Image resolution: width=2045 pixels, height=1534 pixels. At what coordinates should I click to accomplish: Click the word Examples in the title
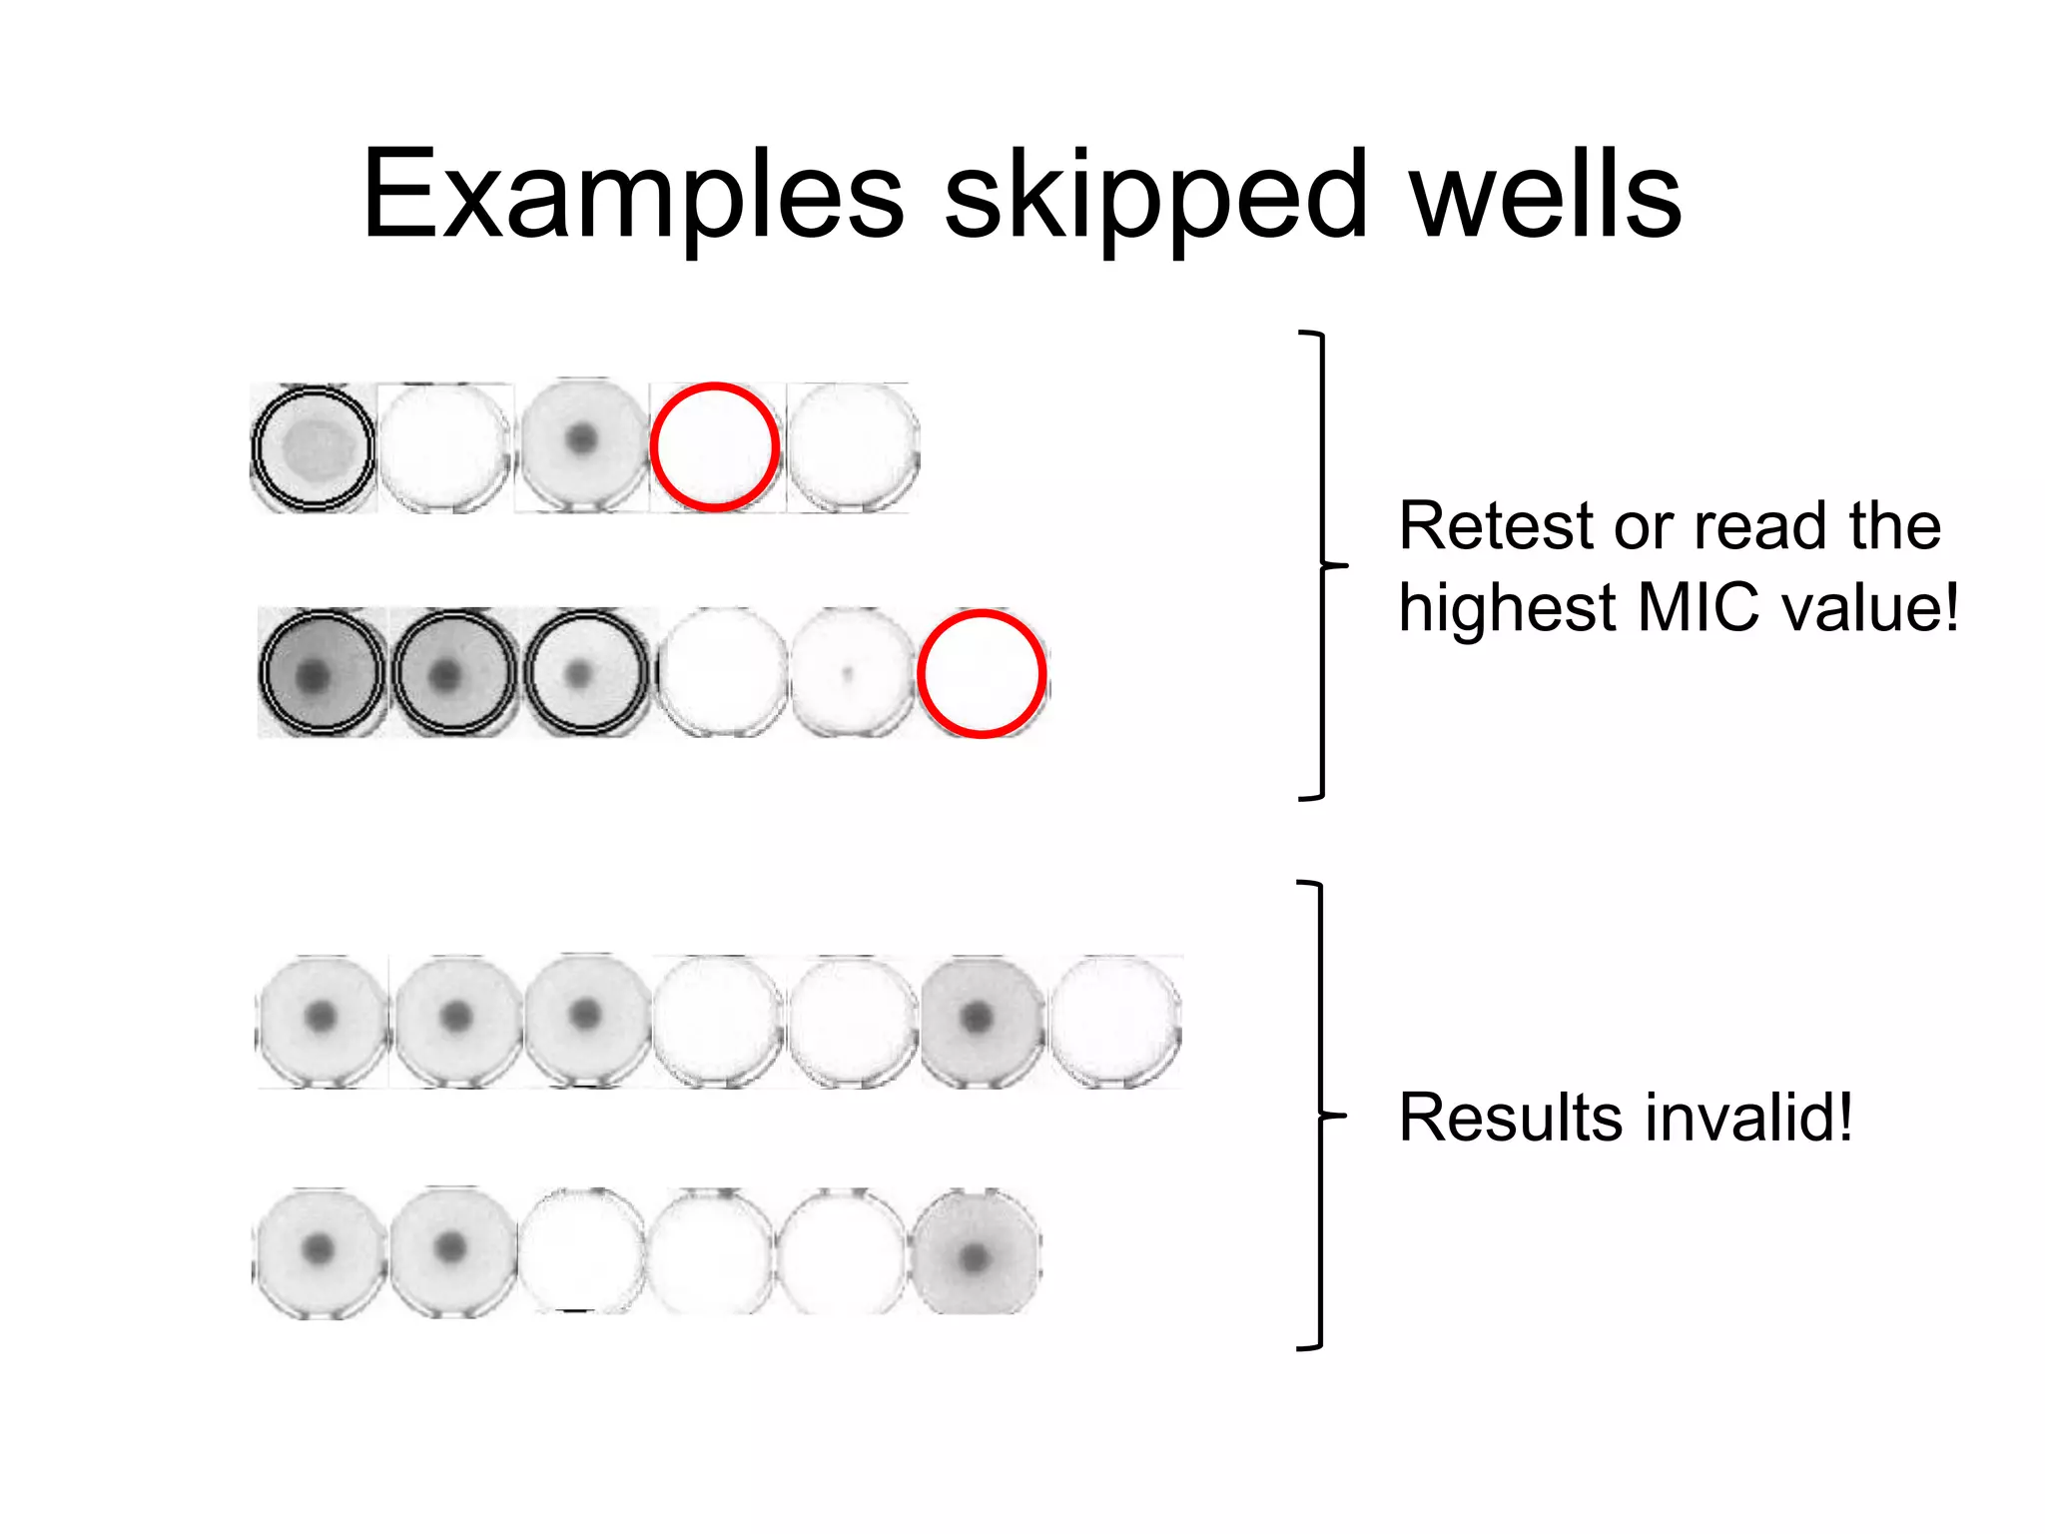click(x=632, y=195)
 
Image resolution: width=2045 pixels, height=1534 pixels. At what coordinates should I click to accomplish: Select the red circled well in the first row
click(x=715, y=446)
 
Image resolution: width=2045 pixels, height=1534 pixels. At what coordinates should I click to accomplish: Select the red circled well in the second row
click(x=982, y=673)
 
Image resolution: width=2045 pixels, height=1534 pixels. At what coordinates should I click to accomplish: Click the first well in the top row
click(x=314, y=447)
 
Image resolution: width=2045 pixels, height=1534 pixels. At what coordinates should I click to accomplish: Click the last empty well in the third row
click(x=1115, y=1020)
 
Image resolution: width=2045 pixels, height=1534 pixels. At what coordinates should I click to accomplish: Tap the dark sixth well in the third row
click(x=979, y=1019)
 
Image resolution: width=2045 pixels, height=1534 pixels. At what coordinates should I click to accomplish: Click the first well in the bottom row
click(x=319, y=1251)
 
